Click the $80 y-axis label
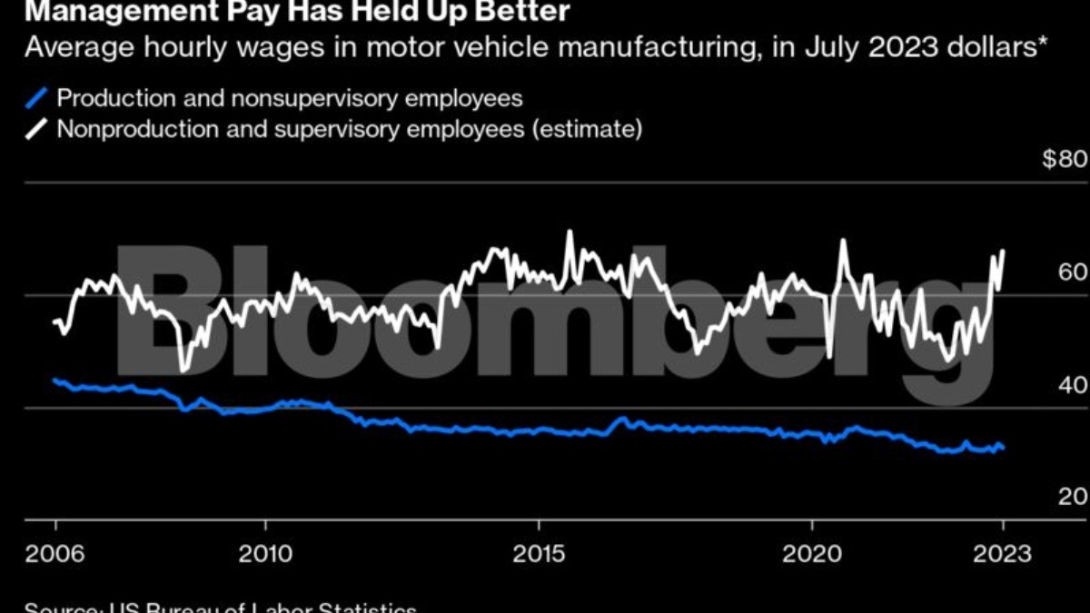point(1064,161)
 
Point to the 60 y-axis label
point(1073,273)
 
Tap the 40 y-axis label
point(1073,386)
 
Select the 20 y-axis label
point(1073,498)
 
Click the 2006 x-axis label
point(55,554)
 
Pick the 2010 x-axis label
point(265,554)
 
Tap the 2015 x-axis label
point(540,554)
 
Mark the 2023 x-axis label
point(1002,554)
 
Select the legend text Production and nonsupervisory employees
point(290,98)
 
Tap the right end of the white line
point(1004,251)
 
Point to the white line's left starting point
point(55,321)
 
